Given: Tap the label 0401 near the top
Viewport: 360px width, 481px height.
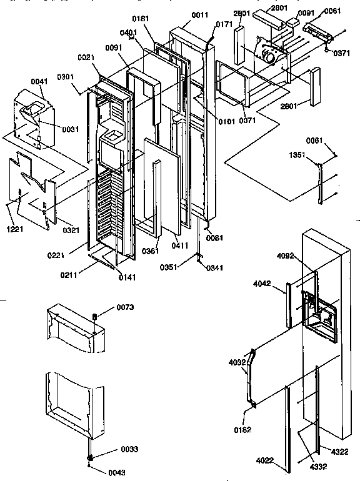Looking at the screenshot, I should coord(129,32).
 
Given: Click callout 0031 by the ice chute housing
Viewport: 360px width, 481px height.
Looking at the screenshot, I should coord(71,129).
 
